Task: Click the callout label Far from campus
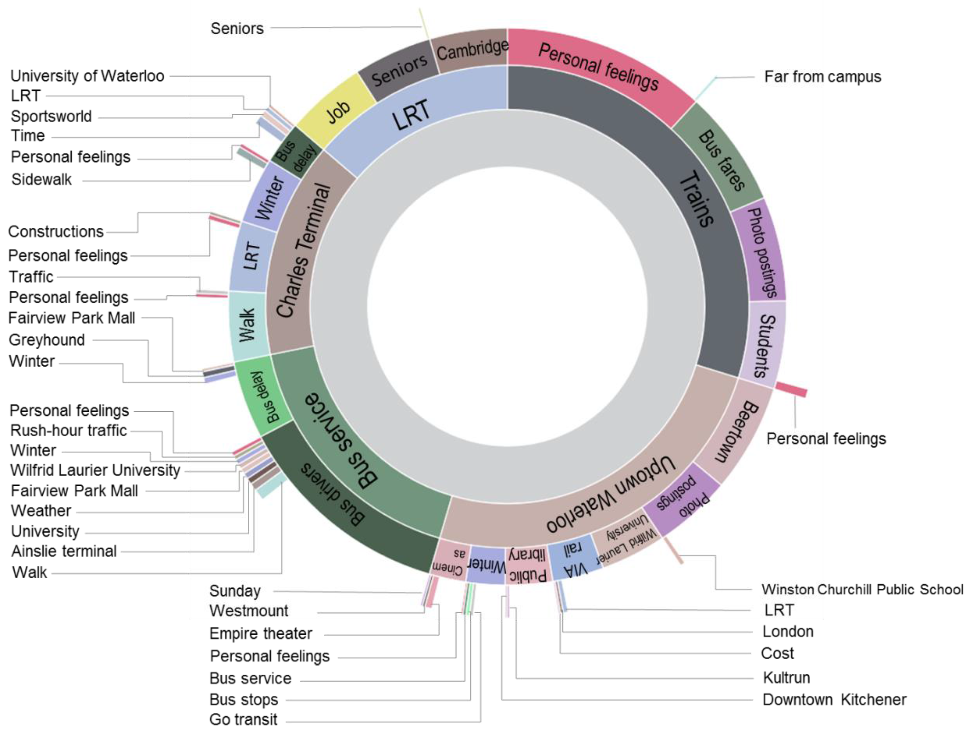coord(822,77)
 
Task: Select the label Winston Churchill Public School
coord(862,589)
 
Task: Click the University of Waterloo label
coord(87,76)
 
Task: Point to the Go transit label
coord(243,719)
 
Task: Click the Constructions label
coord(56,232)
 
